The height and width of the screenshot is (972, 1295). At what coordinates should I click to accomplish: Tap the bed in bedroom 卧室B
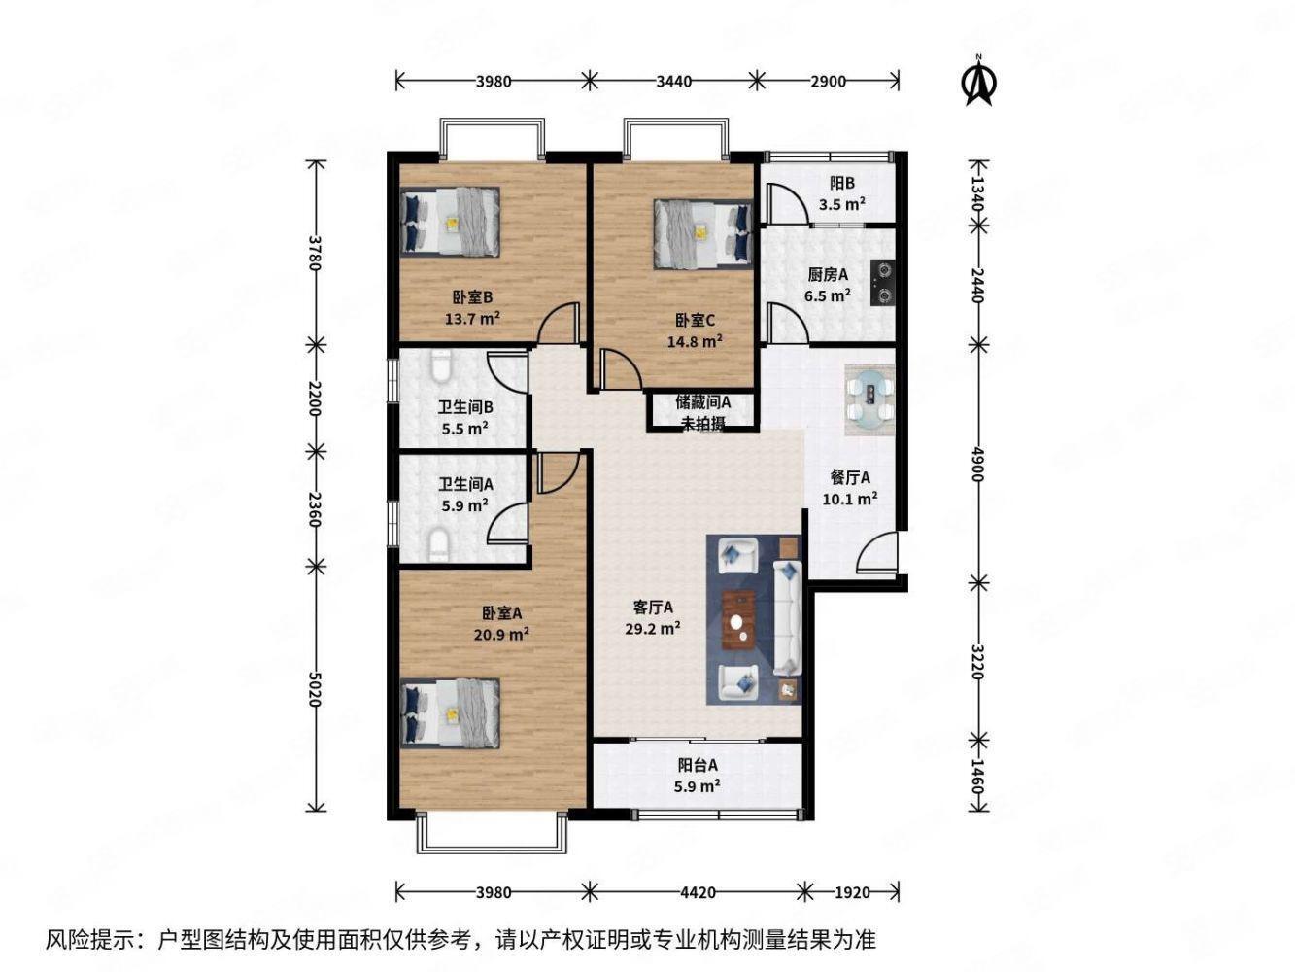tap(451, 222)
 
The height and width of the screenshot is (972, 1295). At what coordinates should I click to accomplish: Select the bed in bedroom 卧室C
tap(703, 232)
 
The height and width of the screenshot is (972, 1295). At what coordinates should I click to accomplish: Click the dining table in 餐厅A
tap(869, 398)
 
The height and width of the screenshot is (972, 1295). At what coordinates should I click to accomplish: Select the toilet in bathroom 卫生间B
tap(440, 368)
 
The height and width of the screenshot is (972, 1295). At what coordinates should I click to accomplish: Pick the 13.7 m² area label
tap(472, 318)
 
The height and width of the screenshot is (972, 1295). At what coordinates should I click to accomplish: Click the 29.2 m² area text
tap(652, 628)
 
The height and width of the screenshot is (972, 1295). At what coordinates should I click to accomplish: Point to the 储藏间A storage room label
tap(703, 401)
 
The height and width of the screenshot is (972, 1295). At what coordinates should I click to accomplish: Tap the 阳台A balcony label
tap(698, 765)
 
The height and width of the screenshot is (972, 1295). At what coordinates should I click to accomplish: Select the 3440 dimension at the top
tap(673, 82)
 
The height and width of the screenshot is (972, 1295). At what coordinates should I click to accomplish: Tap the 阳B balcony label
tap(841, 183)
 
